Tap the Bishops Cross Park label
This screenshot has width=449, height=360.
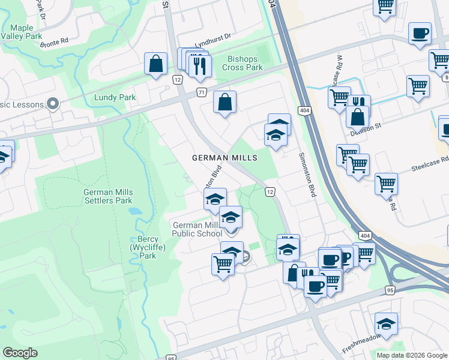pyautogui.click(x=246, y=63)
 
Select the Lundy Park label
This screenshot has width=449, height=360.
pyautogui.click(x=115, y=97)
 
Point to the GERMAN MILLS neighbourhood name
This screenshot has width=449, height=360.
pyautogui.click(x=224, y=158)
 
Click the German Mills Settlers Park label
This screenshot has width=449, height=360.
pyautogui.click(x=108, y=196)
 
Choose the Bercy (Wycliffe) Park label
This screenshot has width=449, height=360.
pyautogui.click(x=143, y=247)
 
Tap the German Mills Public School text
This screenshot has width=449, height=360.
pyautogui.click(x=197, y=229)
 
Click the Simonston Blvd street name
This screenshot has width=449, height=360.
pyautogui.click(x=307, y=175)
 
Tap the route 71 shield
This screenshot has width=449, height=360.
pyautogui.click(x=202, y=92)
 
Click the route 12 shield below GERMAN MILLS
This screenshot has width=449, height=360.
pyautogui.click(x=271, y=191)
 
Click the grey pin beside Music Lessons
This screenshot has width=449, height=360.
pyautogui.click(x=53, y=104)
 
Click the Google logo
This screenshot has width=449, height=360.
pyautogui.click(x=20, y=353)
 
